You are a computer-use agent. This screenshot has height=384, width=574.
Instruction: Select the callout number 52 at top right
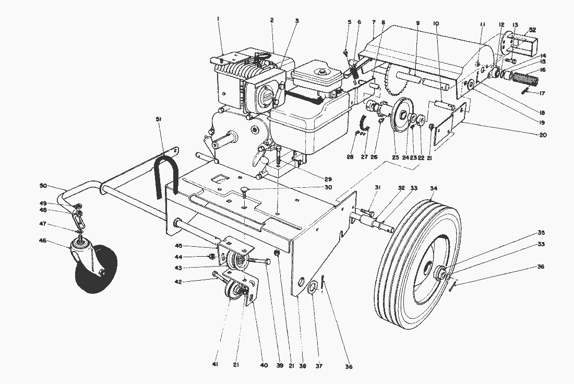click(532, 30)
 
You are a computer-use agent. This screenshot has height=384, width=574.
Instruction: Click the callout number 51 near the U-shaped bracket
click(158, 119)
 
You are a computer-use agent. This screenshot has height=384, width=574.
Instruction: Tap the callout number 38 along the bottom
click(302, 366)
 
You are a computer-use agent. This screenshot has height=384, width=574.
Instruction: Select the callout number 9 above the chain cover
click(418, 23)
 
